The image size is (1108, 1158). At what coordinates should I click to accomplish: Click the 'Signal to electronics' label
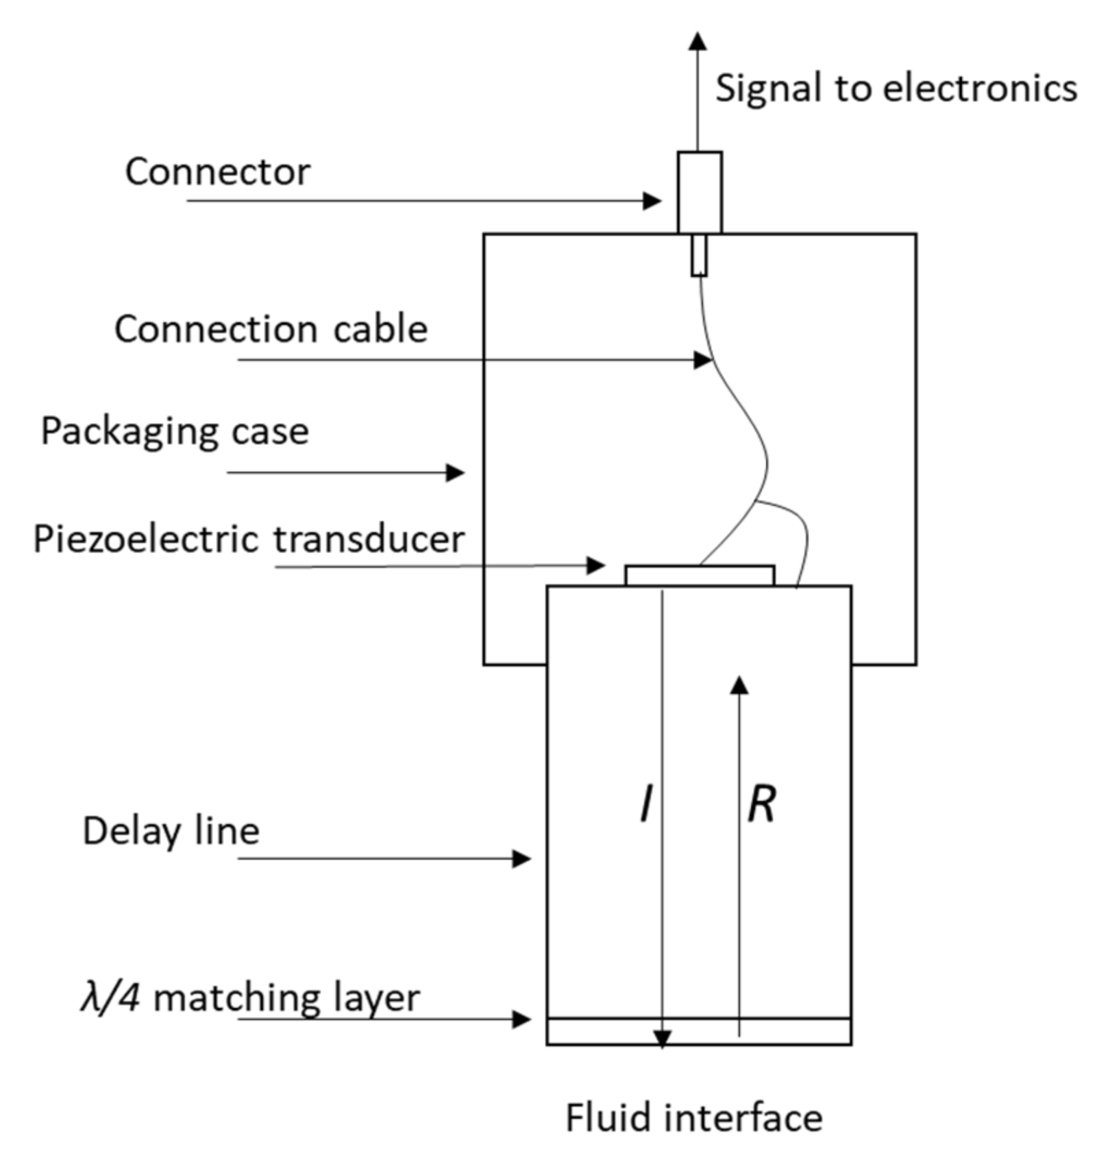pyautogui.click(x=896, y=89)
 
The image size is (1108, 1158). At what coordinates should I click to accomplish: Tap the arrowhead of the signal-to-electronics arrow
pyautogui.click(x=698, y=41)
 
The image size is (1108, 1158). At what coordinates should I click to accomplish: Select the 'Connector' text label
pyautogui.click(x=217, y=171)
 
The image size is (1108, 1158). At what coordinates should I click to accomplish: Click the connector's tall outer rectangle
pyautogui.click(x=700, y=192)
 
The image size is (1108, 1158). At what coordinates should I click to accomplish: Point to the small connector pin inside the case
pyautogui.click(x=699, y=255)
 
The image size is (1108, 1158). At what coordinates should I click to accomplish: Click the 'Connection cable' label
pyautogui.click(x=271, y=329)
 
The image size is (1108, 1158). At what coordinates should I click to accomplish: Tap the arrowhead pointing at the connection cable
pyautogui.click(x=704, y=359)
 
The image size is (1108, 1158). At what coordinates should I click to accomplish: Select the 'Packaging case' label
pyautogui.click(x=175, y=431)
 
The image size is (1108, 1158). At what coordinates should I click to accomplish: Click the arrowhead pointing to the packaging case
pyautogui.click(x=456, y=472)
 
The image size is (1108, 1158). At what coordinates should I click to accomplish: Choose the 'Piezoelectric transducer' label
pyautogui.click(x=249, y=539)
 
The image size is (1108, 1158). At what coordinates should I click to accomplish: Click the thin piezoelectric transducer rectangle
pyautogui.click(x=700, y=575)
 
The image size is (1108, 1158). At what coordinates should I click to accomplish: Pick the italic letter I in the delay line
pyautogui.click(x=646, y=804)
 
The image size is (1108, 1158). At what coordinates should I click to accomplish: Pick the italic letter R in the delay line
pyautogui.click(x=762, y=804)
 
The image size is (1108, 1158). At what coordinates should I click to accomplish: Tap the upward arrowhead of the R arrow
pyautogui.click(x=739, y=685)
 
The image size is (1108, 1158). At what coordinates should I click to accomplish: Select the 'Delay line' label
pyautogui.click(x=171, y=831)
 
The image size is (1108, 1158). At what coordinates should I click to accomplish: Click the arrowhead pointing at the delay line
pyautogui.click(x=522, y=858)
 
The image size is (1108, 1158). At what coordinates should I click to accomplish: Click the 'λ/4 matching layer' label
pyautogui.click(x=250, y=998)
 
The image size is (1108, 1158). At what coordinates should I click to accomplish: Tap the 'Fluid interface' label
pyautogui.click(x=693, y=1118)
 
